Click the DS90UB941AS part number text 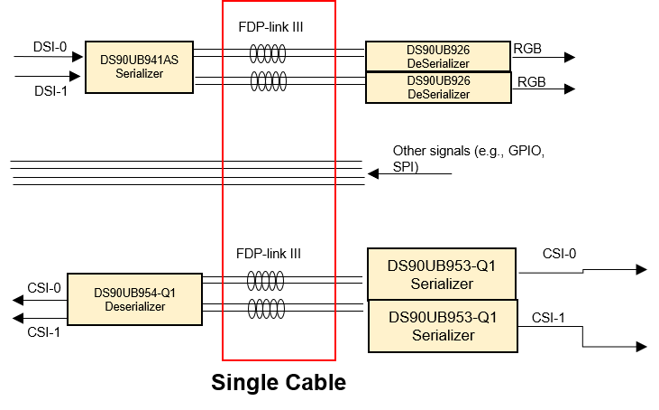point(139,60)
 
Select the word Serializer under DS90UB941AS point(139,74)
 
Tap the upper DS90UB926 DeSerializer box point(438,56)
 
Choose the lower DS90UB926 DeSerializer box point(438,88)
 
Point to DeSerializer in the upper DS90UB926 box point(438,63)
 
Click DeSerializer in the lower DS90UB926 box point(438,94)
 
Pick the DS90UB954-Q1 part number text point(134,293)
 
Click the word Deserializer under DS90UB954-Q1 point(134,307)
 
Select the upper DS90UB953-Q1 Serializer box point(442,274)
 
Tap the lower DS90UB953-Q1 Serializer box point(443,326)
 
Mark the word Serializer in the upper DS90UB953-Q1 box point(442,284)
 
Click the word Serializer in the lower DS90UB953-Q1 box point(443,335)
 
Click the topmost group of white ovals point(267,53)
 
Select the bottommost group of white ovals point(266,309)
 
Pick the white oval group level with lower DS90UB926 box point(267,82)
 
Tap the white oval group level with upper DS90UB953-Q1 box point(266,280)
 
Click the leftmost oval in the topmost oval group point(253,53)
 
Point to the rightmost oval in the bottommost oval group point(280,309)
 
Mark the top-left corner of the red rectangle point(223,1)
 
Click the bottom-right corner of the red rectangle point(335,359)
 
